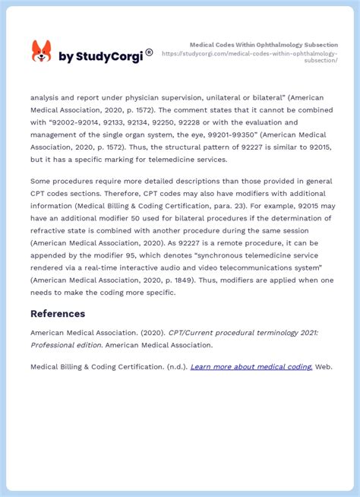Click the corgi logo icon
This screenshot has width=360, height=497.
tap(41, 52)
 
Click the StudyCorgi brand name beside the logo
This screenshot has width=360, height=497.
tap(103, 55)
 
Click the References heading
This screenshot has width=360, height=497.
tap(58, 314)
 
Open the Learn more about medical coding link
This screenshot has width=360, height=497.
tap(251, 366)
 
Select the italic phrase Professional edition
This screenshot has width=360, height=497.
tap(66, 344)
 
